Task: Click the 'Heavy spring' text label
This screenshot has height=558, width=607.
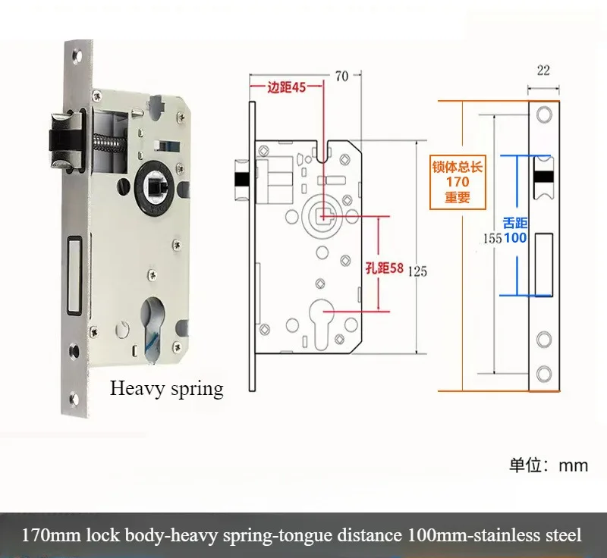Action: pos(167,389)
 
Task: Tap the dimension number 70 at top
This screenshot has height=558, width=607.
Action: pos(341,75)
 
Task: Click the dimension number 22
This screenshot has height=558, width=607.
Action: pos(543,71)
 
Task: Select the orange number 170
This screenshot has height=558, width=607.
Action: pos(457,182)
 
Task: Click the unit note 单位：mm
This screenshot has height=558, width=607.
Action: pos(548,464)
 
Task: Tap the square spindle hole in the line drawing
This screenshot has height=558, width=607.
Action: pos(323,215)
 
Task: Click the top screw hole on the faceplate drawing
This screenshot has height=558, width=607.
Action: pos(543,113)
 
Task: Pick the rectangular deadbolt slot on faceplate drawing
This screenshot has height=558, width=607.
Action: pos(543,265)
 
